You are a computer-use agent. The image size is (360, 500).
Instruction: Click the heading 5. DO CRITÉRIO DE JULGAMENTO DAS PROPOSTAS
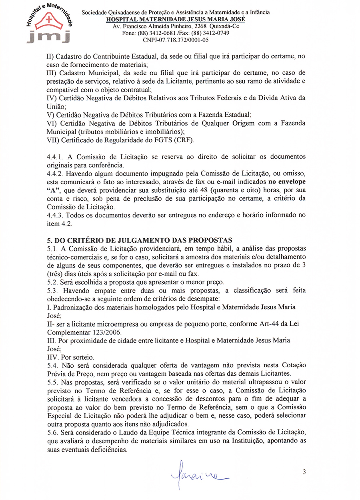(x=140, y=240)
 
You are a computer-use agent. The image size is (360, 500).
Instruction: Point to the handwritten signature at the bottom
(x=198, y=475)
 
